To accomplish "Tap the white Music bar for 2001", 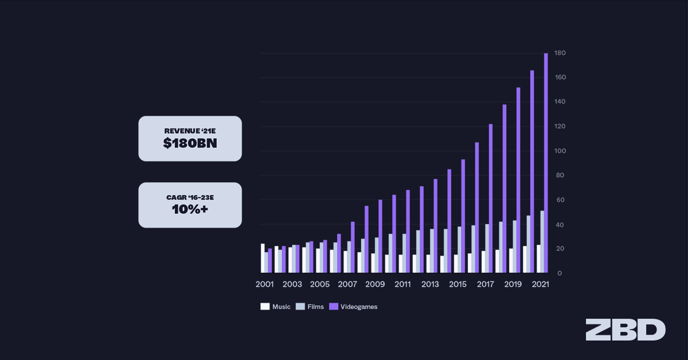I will [x=263, y=258].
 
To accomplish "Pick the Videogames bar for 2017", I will [x=491, y=198].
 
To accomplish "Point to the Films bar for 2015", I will [x=459, y=249].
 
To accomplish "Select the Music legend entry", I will [x=275, y=307].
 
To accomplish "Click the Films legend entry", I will [x=310, y=307].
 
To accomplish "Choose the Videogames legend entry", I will [x=352, y=307].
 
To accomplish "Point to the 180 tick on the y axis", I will [x=560, y=53].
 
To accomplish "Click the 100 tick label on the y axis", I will [x=560, y=151].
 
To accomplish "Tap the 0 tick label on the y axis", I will [x=560, y=273].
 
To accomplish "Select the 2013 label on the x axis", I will [x=430, y=284].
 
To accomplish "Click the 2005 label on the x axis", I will [x=319, y=284].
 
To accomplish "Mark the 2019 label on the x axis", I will [x=513, y=284].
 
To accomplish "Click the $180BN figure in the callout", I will [x=190, y=144].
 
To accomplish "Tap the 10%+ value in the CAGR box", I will [x=190, y=210].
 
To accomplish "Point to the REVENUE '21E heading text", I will [x=190, y=131].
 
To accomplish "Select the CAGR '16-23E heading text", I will [x=190, y=197].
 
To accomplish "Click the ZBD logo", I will [x=626, y=330].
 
